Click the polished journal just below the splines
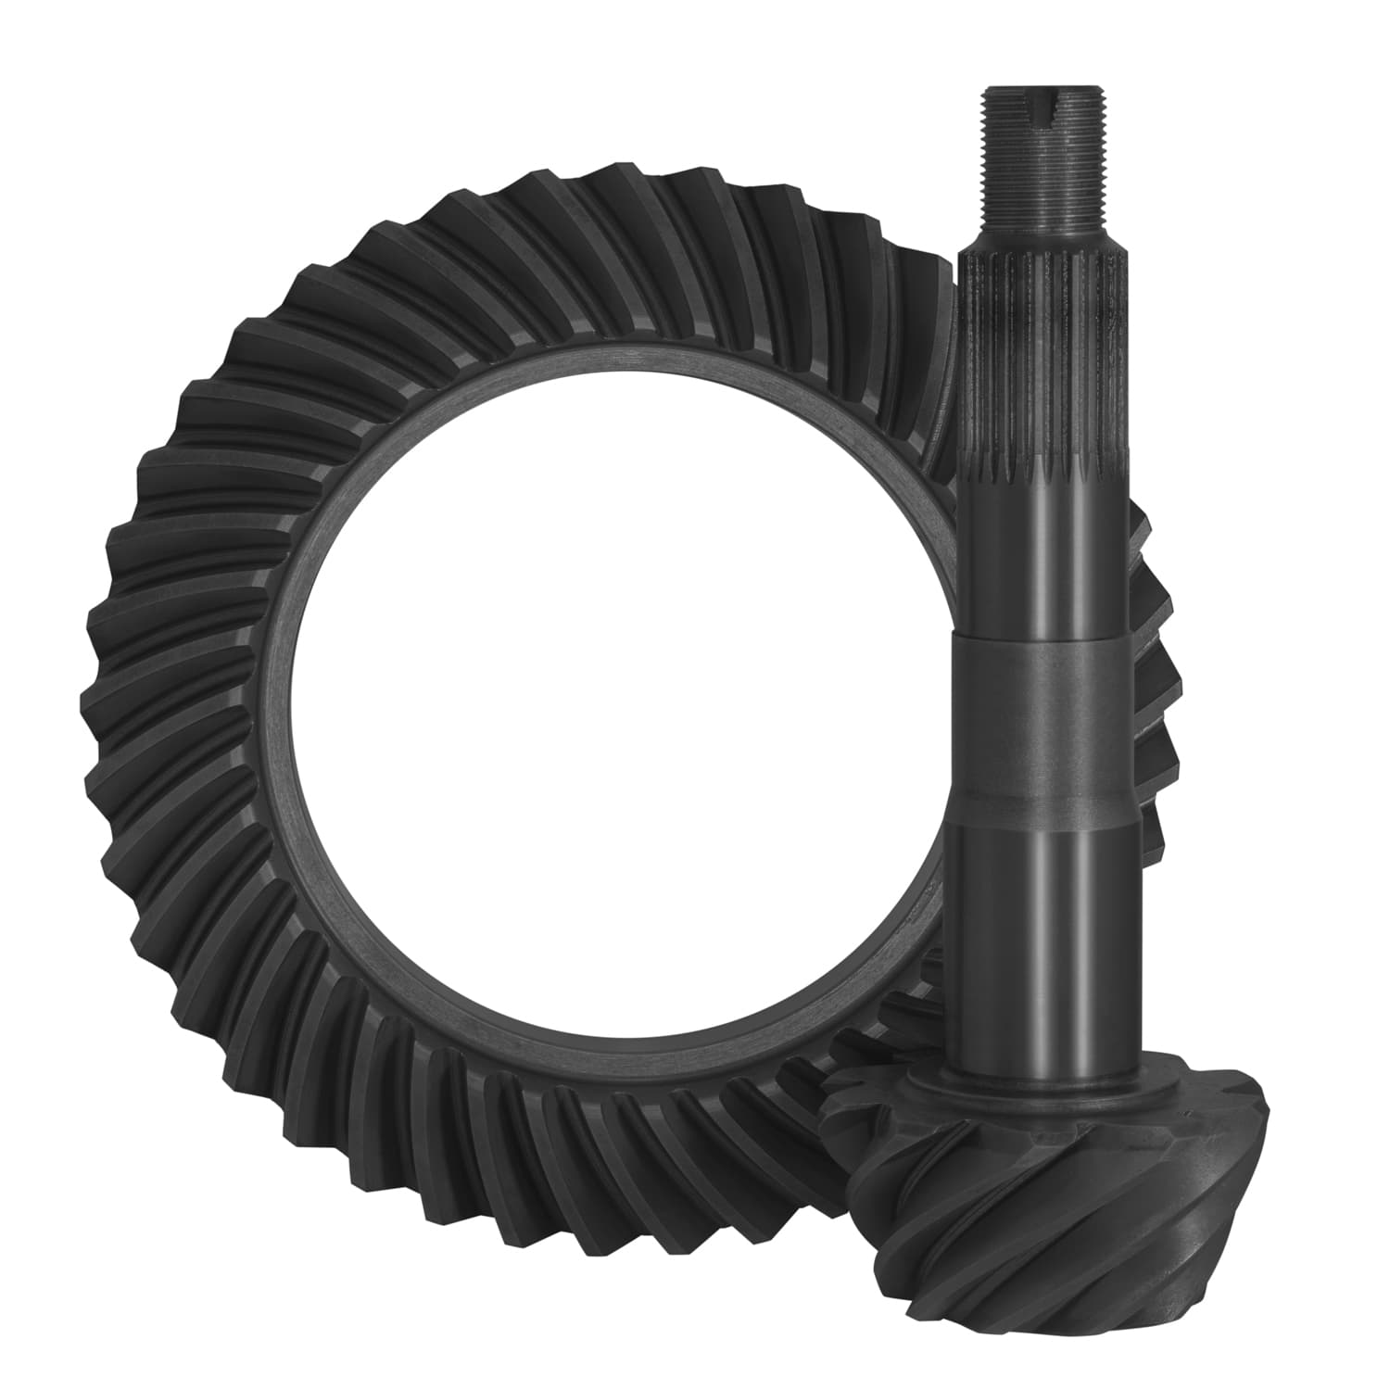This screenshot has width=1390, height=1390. click(x=1044, y=547)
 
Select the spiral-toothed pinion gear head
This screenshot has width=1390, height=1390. click(x=1047, y=1205)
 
